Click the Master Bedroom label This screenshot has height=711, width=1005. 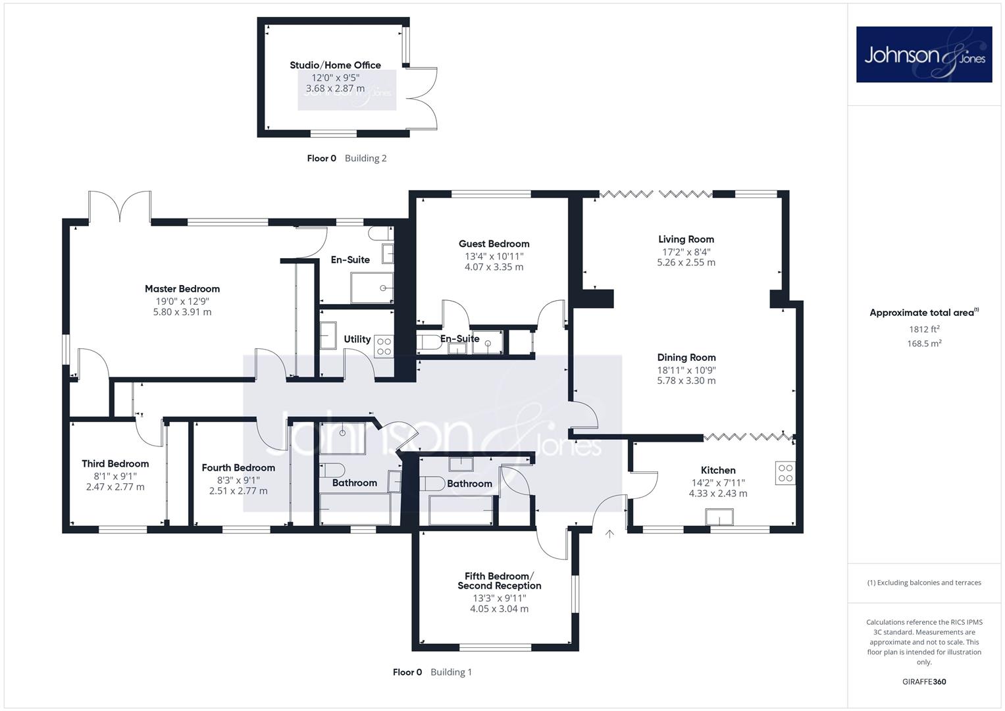point(182,288)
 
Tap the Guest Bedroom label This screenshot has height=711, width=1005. point(494,244)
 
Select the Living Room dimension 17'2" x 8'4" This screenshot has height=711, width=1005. point(686,251)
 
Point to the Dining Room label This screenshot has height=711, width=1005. point(686,357)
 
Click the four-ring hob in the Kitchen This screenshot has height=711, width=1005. point(785,473)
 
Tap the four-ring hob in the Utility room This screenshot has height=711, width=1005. point(384,346)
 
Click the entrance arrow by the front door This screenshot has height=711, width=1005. point(609,534)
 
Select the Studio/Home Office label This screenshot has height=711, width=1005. point(335,65)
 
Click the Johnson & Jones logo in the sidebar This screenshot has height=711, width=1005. point(924,54)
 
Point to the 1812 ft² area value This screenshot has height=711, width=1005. point(924,329)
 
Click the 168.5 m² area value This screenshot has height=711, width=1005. point(924,344)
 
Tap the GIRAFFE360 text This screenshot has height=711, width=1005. point(924,682)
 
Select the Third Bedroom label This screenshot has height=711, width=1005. point(115,463)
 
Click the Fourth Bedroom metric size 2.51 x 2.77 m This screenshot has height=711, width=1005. point(238,491)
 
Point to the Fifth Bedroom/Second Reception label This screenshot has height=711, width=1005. point(500,581)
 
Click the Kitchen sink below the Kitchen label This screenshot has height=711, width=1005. point(719,517)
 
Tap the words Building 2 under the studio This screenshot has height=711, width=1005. point(365,158)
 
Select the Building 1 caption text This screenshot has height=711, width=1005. point(451,672)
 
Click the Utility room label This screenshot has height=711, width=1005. point(357,339)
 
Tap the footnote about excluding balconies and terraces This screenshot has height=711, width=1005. point(924,583)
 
